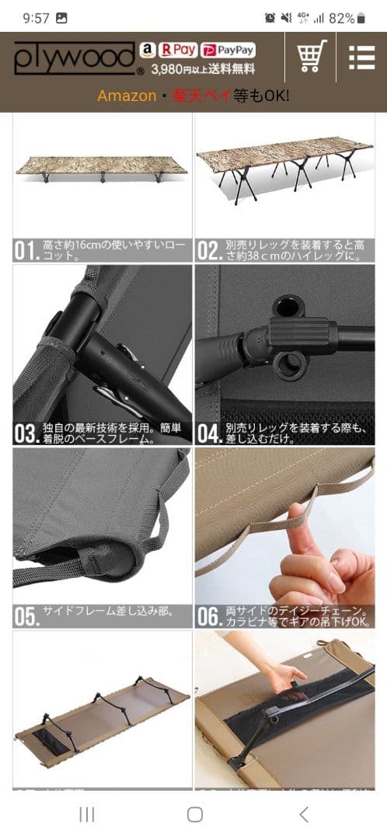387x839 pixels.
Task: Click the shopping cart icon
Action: (x=312, y=56)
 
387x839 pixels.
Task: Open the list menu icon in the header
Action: (x=361, y=57)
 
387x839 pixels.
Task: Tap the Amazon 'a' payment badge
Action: (x=147, y=50)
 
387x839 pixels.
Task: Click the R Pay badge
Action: (x=177, y=50)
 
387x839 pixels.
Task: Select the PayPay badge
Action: (x=228, y=50)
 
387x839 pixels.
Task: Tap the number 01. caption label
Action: (x=26, y=250)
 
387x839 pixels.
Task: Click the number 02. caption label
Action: (x=208, y=250)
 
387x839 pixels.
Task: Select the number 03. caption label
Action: (x=26, y=433)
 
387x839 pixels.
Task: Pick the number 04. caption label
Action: (x=209, y=433)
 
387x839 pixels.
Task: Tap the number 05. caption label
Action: (x=26, y=616)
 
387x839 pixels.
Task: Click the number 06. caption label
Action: (x=209, y=616)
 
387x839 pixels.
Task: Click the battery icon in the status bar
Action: (x=361, y=18)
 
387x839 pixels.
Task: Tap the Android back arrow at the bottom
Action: (x=304, y=813)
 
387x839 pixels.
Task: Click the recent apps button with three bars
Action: (x=87, y=813)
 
